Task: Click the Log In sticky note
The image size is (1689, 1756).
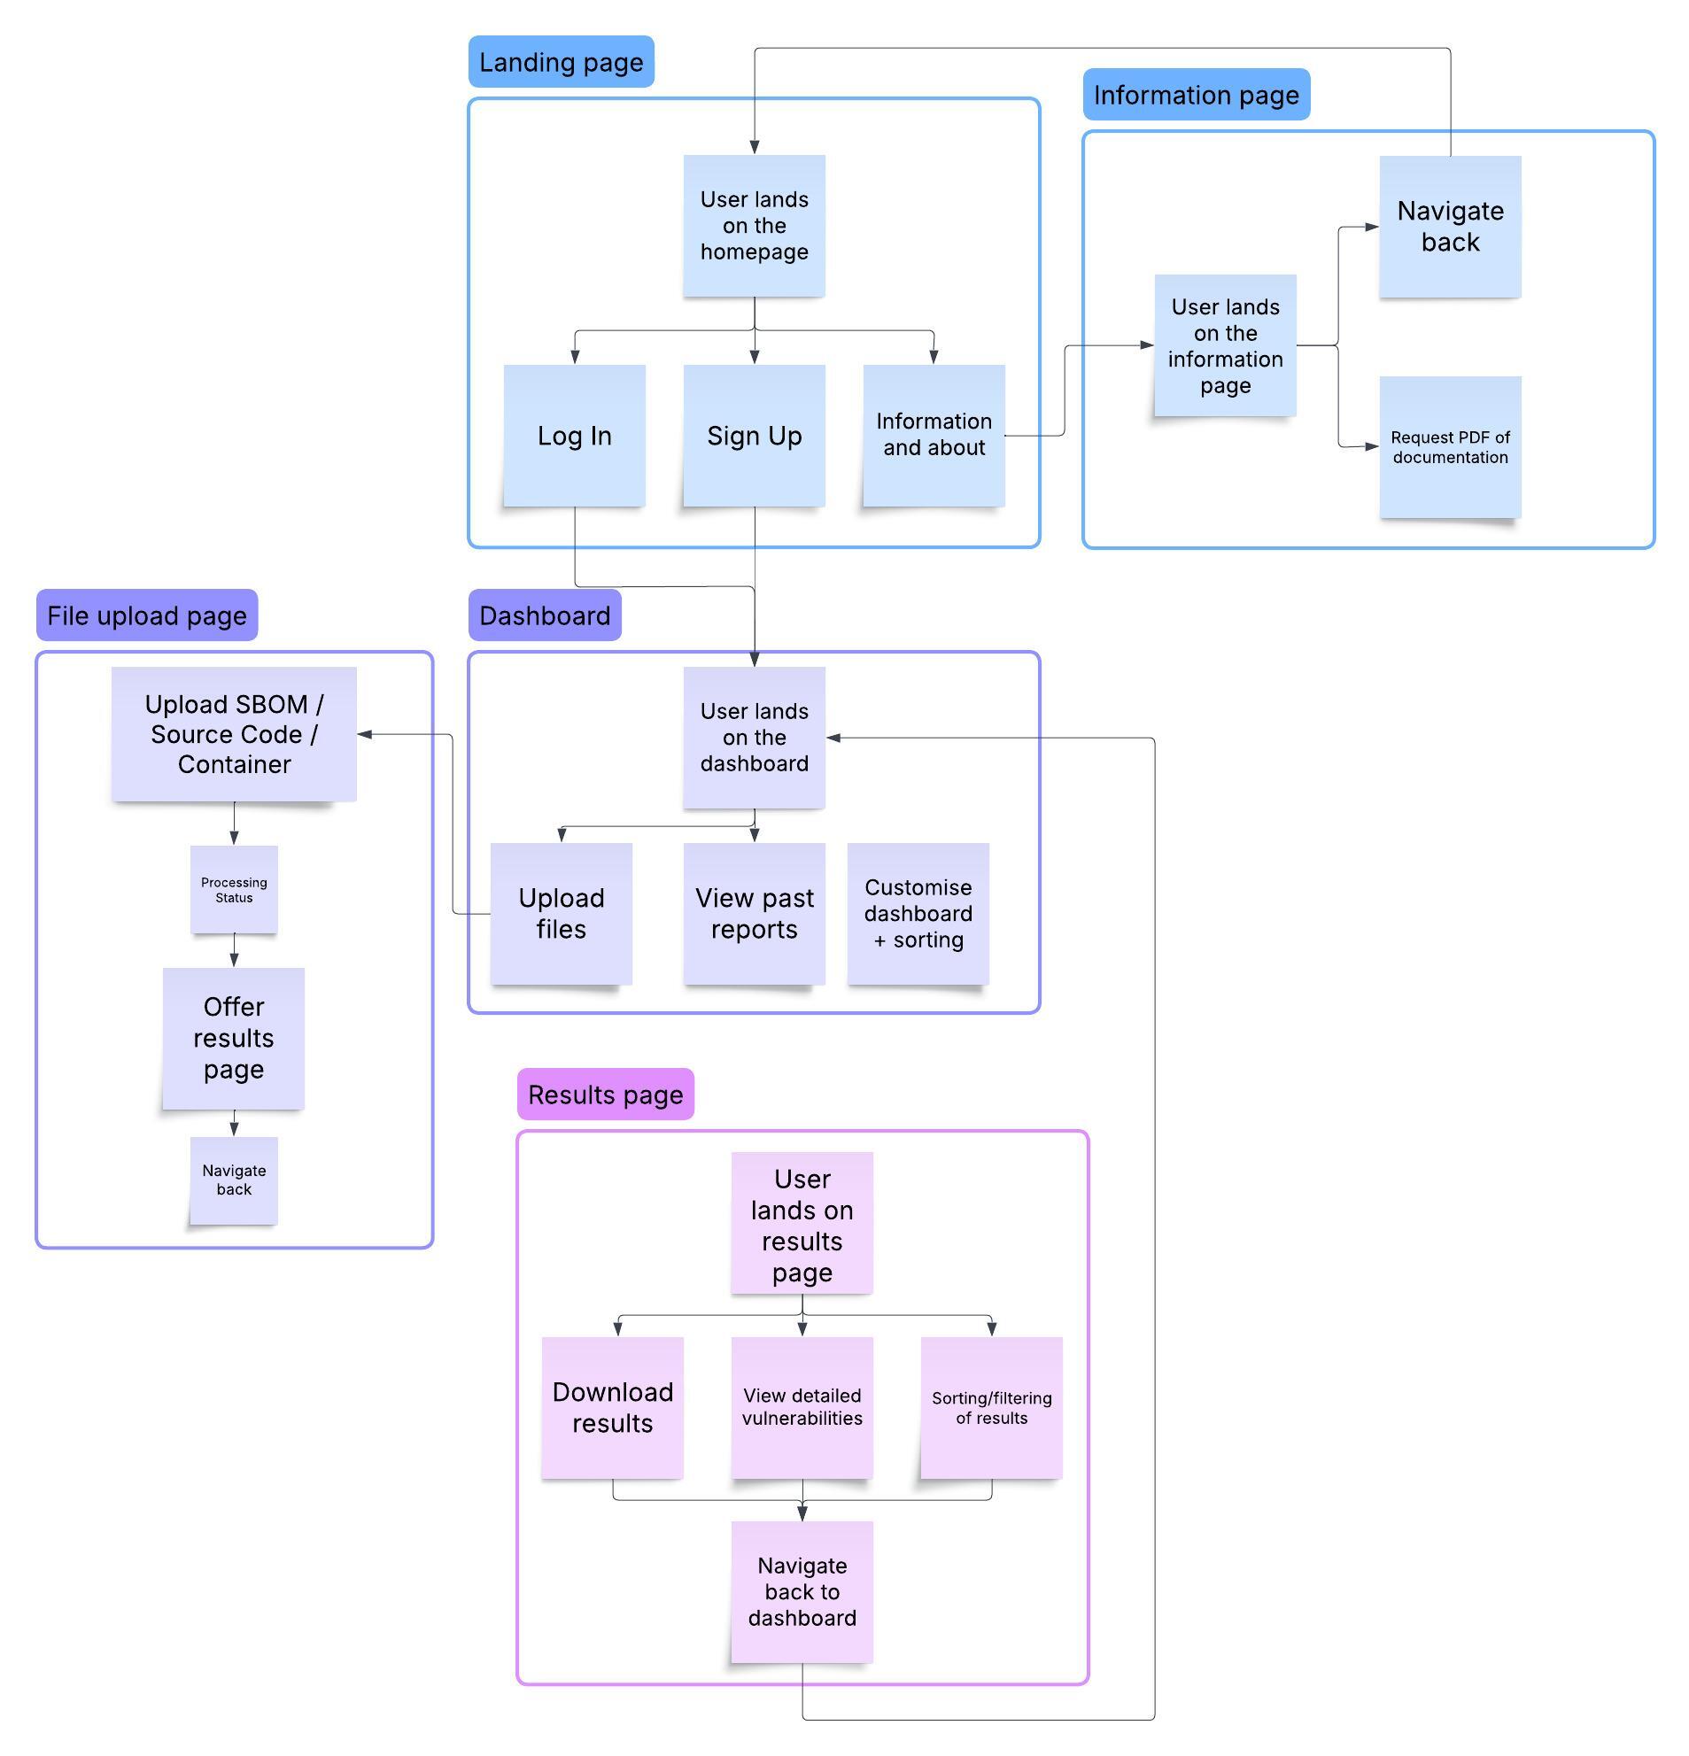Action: pyautogui.click(x=574, y=436)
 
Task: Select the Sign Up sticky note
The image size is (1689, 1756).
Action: pyautogui.click(x=754, y=436)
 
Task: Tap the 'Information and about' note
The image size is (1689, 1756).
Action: pyautogui.click(x=933, y=436)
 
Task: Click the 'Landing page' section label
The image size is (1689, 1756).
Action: pyautogui.click(x=561, y=62)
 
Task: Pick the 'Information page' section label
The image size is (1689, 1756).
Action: pyautogui.click(x=1196, y=95)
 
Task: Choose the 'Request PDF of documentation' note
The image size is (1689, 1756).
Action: pyautogui.click(x=1449, y=447)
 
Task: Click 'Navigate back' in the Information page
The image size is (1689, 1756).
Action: pyautogui.click(x=1449, y=227)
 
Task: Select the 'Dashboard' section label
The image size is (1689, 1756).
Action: pyautogui.click(x=544, y=615)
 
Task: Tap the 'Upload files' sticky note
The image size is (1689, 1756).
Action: pyautogui.click(x=561, y=913)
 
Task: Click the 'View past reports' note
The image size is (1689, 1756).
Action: pyautogui.click(x=754, y=913)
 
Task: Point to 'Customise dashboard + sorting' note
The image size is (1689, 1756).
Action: pyautogui.click(x=918, y=913)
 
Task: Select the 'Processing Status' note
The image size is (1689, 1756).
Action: pyautogui.click(x=234, y=890)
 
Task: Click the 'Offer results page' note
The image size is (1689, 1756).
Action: pyautogui.click(x=234, y=1038)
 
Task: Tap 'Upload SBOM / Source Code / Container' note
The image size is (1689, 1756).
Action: pyautogui.click(x=234, y=734)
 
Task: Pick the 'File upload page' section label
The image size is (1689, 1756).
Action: pyautogui.click(x=147, y=615)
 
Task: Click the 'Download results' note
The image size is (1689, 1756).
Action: pyautogui.click(x=612, y=1406)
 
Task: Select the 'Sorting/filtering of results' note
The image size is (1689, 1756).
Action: pyautogui.click(x=991, y=1406)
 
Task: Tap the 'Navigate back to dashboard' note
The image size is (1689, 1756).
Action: pyautogui.click(x=802, y=1591)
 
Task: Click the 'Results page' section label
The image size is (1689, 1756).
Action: pyautogui.click(x=605, y=1094)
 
